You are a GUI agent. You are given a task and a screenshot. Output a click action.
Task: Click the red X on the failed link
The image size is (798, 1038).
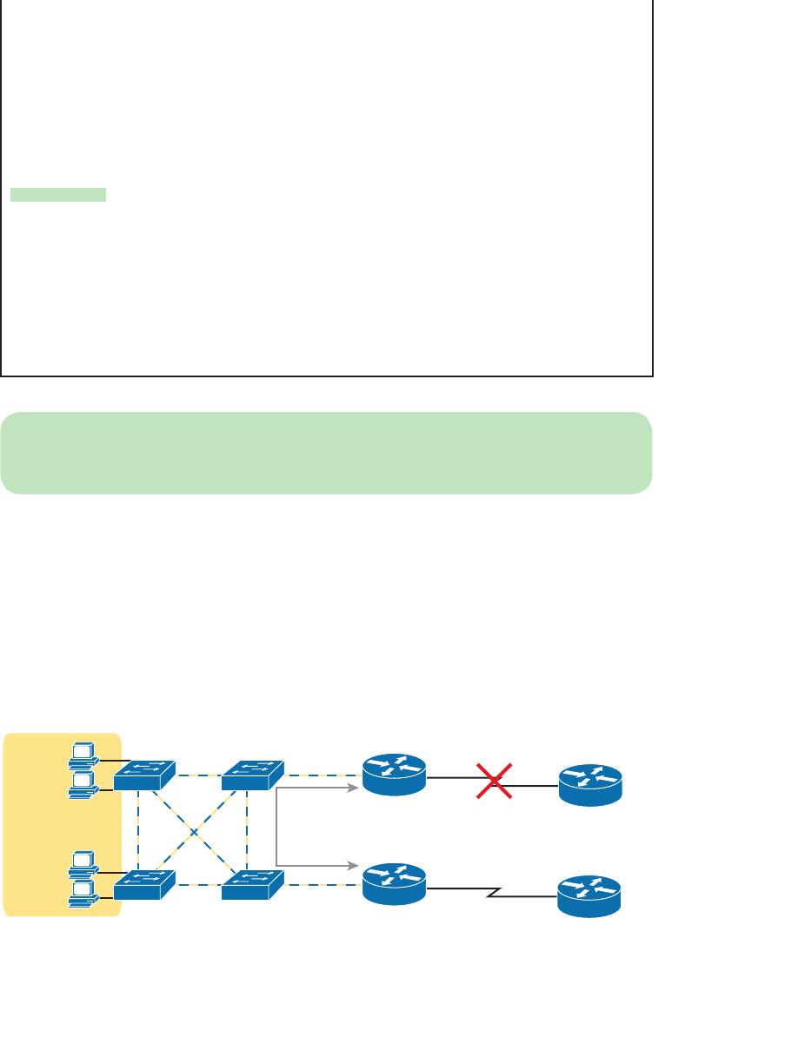click(493, 780)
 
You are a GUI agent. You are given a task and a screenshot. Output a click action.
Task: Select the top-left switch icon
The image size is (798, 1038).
click(144, 775)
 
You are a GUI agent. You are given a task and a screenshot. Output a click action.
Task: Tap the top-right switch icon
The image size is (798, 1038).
click(252, 775)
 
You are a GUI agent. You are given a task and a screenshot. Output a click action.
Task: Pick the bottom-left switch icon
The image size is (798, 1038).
click(144, 884)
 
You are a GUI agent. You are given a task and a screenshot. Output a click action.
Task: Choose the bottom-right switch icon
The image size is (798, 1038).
click(252, 884)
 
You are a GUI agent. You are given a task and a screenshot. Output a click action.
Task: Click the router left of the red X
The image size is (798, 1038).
click(394, 773)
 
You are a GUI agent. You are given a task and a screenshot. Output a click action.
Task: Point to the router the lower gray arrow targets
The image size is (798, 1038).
click(394, 882)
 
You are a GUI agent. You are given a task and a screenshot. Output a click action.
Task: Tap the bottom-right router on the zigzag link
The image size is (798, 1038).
click(589, 895)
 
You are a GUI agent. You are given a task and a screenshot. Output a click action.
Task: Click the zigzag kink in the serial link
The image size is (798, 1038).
click(492, 893)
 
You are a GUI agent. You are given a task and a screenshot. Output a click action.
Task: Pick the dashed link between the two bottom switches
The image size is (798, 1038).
click(198, 885)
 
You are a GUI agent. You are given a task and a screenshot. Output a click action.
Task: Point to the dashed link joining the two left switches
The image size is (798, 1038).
click(138, 830)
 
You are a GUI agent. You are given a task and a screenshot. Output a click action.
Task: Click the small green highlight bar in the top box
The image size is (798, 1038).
click(58, 195)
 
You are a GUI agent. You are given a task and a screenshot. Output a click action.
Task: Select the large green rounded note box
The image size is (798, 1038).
click(326, 453)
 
